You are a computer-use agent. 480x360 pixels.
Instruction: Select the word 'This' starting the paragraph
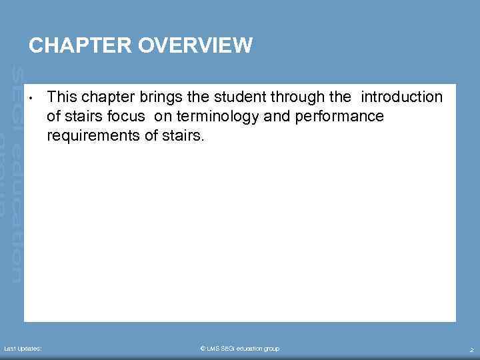click(x=62, y=97)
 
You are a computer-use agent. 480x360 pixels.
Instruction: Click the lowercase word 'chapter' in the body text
click(x=107, y=97)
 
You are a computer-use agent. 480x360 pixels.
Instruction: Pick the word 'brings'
click(x=157, y=97)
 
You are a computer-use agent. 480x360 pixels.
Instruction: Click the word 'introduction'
click(x=401, y=97)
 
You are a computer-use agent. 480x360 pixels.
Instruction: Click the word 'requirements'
click(x=91, y=136)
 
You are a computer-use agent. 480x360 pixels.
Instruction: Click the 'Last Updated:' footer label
click(x=23, y=349)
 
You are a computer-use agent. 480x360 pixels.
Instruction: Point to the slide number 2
click(x=471, y=349)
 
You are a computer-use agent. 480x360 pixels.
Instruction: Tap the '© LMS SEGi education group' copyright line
click(x=240, y=349)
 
